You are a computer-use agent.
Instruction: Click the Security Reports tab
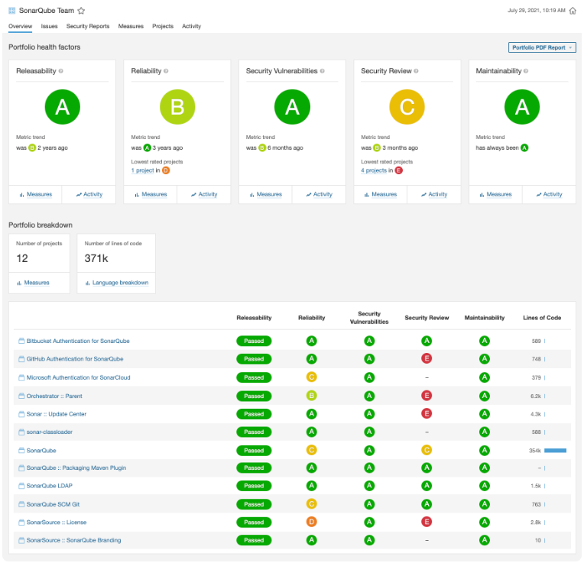coord(87,26)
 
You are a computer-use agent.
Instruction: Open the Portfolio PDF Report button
coord(541,47)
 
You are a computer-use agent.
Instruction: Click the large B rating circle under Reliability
coord(177,107)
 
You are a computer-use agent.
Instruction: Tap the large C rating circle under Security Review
coord(407,107)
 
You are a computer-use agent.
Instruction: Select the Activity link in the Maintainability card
coord(549,195)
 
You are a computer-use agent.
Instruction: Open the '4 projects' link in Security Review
coord(374,170)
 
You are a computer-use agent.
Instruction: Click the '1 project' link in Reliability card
coord(143,170)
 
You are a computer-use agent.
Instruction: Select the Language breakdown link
coord(120,283)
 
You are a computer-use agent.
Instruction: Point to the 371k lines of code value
coord(96,258)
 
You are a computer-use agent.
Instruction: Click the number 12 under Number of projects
coord(22,258)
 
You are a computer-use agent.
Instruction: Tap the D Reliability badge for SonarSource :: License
coord(311,522)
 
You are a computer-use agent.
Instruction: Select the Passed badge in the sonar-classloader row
coord(254,432)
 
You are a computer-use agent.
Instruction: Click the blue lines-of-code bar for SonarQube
coord(555,451)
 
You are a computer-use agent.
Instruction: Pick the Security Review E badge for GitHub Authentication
coord(427,358)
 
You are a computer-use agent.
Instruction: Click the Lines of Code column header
coord(542,318)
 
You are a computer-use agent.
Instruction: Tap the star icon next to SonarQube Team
coord(81,11)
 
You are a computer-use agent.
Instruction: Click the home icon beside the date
coord(573,11)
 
